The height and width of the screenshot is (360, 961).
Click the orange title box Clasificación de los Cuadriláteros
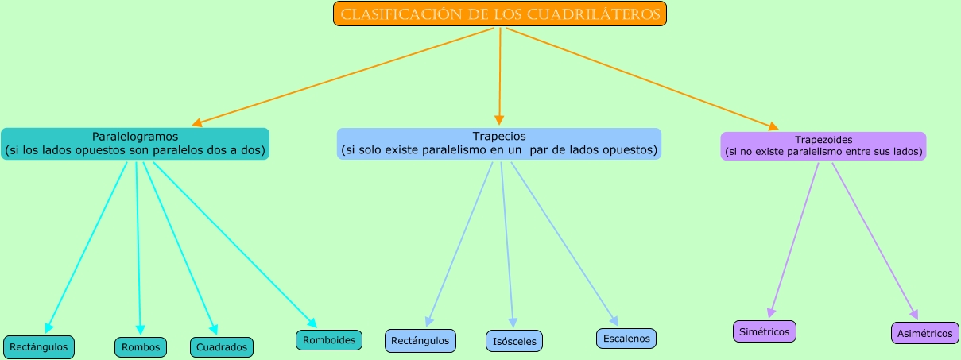[499, 14]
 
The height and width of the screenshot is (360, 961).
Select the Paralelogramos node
[135, 143]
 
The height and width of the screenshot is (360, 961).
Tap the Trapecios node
[499, 143]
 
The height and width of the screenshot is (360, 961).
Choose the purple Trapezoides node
[823, 146]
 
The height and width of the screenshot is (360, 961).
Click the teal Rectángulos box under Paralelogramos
[40, 347]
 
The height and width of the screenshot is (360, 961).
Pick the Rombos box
[141, 347]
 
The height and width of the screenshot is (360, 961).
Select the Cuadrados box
[222, 347]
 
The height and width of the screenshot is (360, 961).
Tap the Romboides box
[329, 340]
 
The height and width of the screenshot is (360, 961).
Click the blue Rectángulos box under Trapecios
[420, 341]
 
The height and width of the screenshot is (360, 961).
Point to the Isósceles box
[514, 342]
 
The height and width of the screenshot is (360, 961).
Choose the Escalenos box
[626, 339]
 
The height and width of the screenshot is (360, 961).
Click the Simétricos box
[764, 331]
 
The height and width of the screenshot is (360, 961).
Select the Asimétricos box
[925, 334]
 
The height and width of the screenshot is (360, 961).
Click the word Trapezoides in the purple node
[823, 140]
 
